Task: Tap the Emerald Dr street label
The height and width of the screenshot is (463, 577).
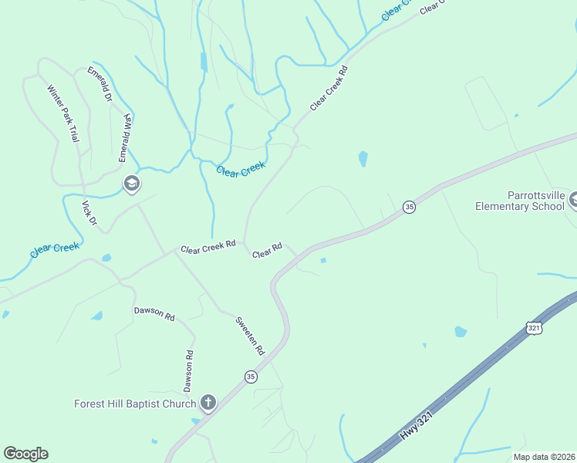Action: (100, 85)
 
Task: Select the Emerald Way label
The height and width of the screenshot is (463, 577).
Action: (126, 137)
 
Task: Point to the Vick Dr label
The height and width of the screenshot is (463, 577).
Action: (89, 213)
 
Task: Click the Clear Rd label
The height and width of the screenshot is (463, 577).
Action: (267, 251)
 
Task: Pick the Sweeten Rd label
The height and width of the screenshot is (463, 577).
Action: (250, 336)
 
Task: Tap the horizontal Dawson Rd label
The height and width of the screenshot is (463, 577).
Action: (154, 313)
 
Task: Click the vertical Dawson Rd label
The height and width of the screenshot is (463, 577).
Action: (187, 370)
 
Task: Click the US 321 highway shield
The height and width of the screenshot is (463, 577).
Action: (535, 328)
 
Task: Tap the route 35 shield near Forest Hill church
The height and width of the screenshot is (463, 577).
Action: (251, 377)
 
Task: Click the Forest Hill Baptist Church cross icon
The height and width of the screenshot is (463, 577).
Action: (208, 402)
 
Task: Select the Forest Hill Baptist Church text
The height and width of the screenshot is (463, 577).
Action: (135, 404)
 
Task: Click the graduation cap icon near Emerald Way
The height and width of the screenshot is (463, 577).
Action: (131, 184)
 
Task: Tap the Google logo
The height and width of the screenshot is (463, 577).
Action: (26, 454)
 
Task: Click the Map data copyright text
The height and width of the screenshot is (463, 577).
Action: (544, 457)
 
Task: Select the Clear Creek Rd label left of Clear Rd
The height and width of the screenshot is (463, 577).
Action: (208, 248)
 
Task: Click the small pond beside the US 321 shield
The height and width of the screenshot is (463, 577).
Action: (461, 332)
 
